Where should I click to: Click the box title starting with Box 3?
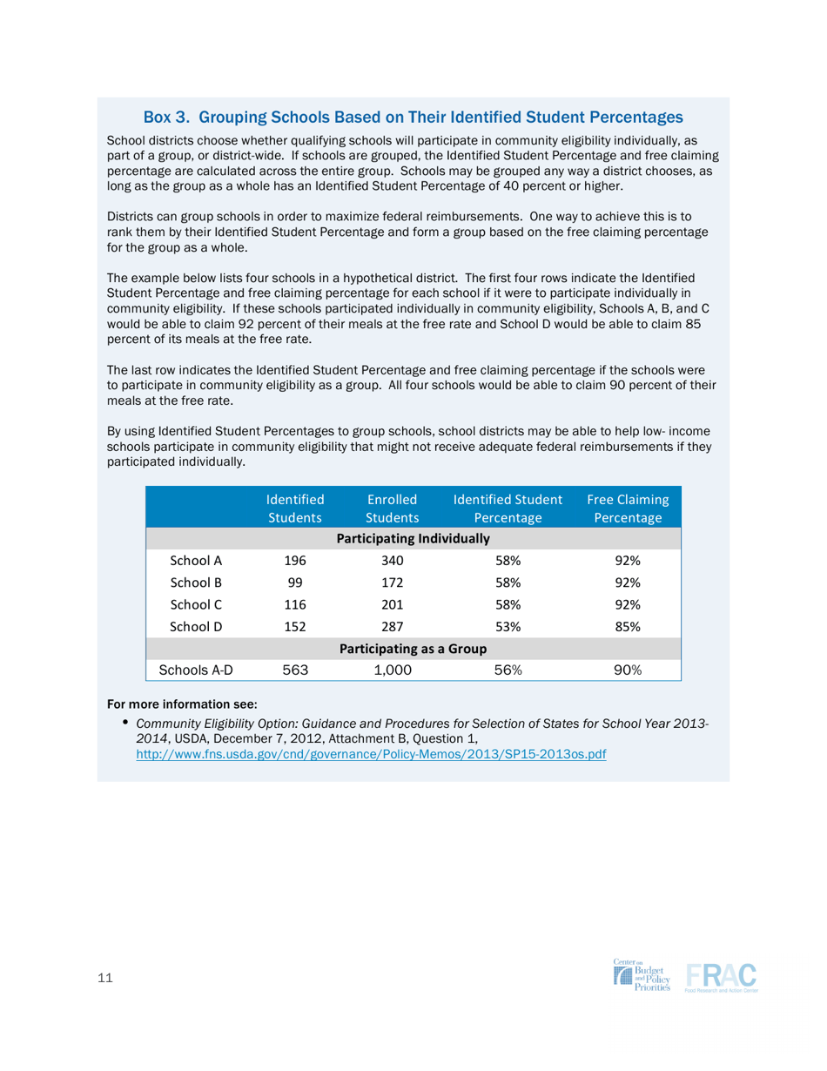click(x=413, y=117)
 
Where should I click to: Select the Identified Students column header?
click(x=295, y=509)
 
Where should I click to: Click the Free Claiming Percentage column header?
click(x=628, y=509)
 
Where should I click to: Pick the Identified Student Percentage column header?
click(x=508, y=509)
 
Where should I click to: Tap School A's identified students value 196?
click(x=295, y=560)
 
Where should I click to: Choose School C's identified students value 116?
click(x=295, y=603)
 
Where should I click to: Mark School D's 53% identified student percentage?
click(x=508, y=625)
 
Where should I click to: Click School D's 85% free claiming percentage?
click(x=628, y=625)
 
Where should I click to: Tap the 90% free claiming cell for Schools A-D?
click(x=628, y=670)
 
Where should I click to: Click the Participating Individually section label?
click(x=413, y=538)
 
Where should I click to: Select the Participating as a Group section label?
click(x=413, y=648)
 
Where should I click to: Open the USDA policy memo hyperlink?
click(x=371, y=754)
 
